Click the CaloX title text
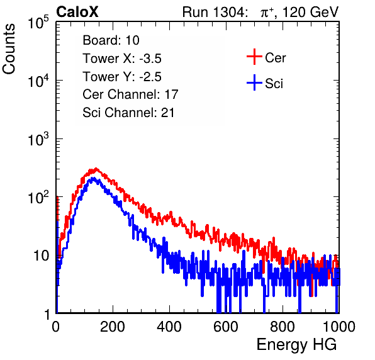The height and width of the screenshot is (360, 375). [77, 12]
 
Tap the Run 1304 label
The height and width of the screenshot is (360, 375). [213, 12]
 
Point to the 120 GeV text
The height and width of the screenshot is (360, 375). [310, 12]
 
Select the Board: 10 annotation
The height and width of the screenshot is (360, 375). [111, 40]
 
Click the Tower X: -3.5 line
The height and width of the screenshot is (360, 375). [122, 59]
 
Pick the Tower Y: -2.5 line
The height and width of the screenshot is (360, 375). [122, 77]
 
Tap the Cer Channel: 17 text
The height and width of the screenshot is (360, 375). [130, 94]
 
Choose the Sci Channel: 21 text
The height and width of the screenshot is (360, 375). [128, 113]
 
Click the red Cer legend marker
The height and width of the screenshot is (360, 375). [254, 57]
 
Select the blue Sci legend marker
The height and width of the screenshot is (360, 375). [254, 83]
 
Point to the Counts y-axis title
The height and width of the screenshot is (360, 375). [9, 49]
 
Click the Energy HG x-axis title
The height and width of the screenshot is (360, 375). [296, 345]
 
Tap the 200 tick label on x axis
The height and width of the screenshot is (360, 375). [113, 327]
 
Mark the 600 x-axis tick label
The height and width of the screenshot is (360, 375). [226, 327]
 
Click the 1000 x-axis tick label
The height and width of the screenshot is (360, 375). [339, 327]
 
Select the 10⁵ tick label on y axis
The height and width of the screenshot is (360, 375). [38, 23]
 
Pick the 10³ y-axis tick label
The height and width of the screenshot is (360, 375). [38, 139]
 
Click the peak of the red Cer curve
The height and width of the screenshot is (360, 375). [96, 169]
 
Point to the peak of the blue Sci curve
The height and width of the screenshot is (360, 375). [92, 178]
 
